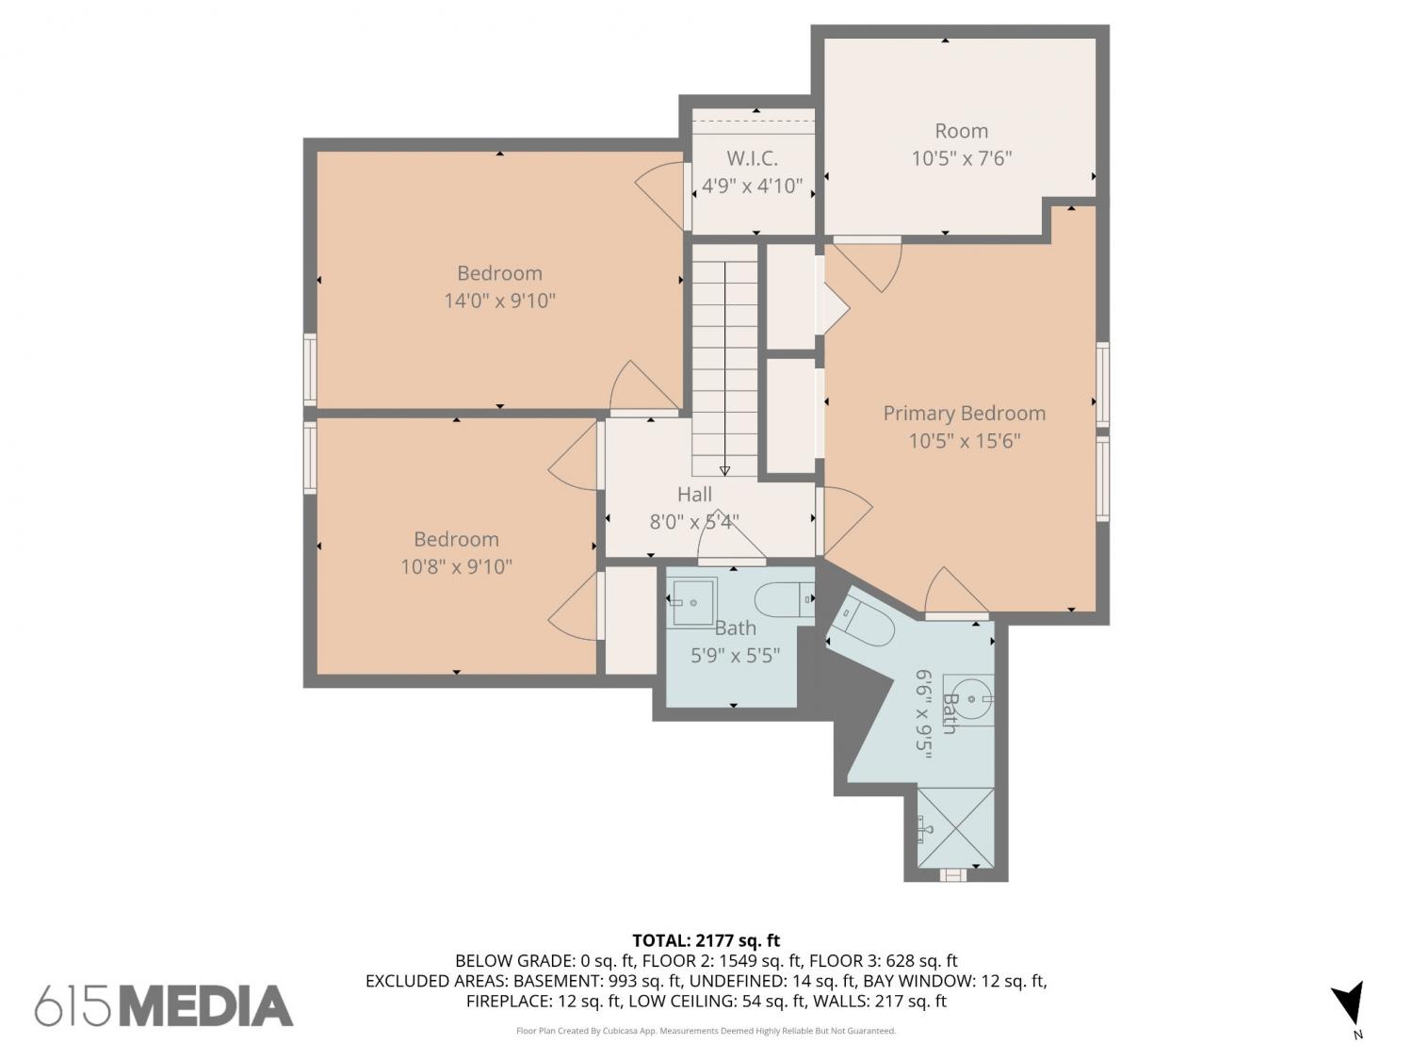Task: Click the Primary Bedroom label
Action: pyautogui.click(x=964, y=414)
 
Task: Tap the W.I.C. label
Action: pyautogui.click(x=752, y=158)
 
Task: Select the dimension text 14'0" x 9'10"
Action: pyautogui.click(x=499, y=301)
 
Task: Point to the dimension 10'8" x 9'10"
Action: pyautogui.click(x=457, y=566)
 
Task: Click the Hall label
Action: pyautogui.click(x=694, y=495)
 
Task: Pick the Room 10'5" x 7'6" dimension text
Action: pyautogui.click(x=962, y=158)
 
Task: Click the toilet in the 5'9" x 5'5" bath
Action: pyautogui.click(x=784, y=600)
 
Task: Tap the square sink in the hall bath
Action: pyautogui.click(x=692, y=602)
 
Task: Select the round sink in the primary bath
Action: pyautogui.click(x=968, y=699)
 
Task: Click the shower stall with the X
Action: pyautogui.click(x=955, y=827)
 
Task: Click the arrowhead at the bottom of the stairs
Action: pyautogui.click(x=724, y=470)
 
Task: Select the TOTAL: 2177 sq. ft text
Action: pyautogui.click(x=706, y=940)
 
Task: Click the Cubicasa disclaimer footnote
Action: pyautogui.click(x=706, y=1031)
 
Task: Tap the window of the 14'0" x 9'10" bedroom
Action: pyautogui.click(x=310, y=370)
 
